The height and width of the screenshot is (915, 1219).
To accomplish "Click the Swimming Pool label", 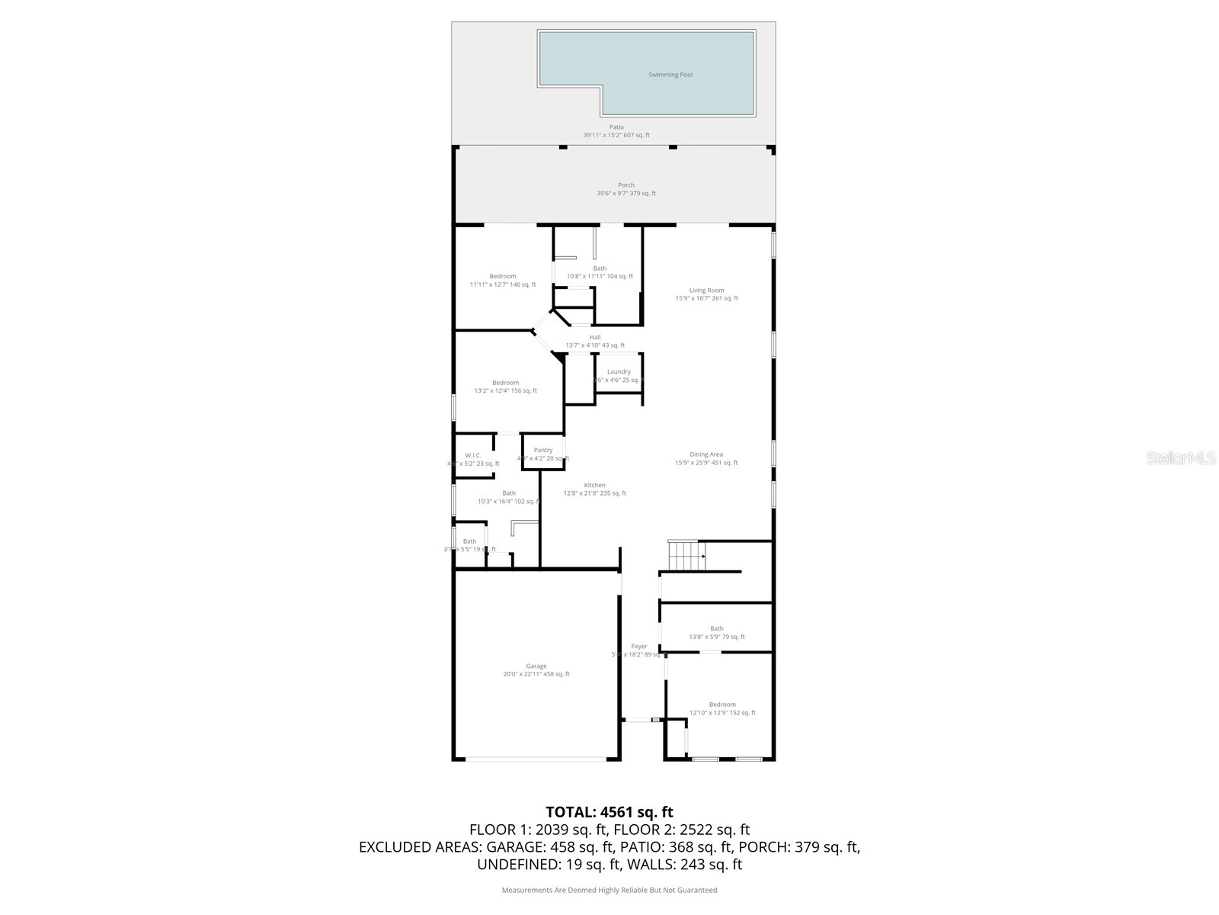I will (670, 75).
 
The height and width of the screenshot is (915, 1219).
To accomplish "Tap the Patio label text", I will (616, 127).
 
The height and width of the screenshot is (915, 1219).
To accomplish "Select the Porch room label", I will (626, 185).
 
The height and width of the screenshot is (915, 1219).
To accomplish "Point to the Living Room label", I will (706, 291).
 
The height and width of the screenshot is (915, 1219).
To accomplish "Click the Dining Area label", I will (706, 454).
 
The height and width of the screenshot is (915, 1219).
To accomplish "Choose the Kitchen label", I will (595, 485).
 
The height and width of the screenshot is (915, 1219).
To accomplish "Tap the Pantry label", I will (543, 451).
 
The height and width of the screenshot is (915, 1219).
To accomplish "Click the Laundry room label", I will (619, 372).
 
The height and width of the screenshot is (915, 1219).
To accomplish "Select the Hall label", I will (595, 337).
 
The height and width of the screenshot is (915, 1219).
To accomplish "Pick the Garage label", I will (536, 666).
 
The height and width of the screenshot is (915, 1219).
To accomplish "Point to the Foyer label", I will (638, 647).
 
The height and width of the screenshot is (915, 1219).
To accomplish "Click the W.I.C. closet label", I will (473, 455).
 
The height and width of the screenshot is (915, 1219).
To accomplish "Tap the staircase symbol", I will (685, 555).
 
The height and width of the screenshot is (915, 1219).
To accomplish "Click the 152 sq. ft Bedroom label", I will (722, 705).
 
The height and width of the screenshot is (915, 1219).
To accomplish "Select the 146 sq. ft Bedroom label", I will (503, 276).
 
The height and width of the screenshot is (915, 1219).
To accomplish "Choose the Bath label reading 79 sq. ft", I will (717, 629).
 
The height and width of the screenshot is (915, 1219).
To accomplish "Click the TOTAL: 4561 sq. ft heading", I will (609, 812).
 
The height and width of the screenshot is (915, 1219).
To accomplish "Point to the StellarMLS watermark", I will (1182, 457).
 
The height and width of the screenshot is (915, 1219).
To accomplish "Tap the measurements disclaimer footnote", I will (609, 890).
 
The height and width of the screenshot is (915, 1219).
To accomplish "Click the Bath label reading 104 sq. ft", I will (600, 268).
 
